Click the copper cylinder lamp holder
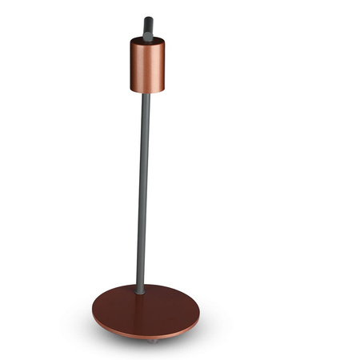(x=147, y=66)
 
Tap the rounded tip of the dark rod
(x=148, y=19)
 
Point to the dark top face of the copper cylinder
(x=148, y=40)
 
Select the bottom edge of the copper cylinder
(x=147, y=91)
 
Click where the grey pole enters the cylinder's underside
(x=146, y=94)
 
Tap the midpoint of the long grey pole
(x=144, y=192)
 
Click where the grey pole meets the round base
(x=141, y=291)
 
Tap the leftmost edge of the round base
(x=93, y=314)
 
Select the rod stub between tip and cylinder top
(x=148, y=30)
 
